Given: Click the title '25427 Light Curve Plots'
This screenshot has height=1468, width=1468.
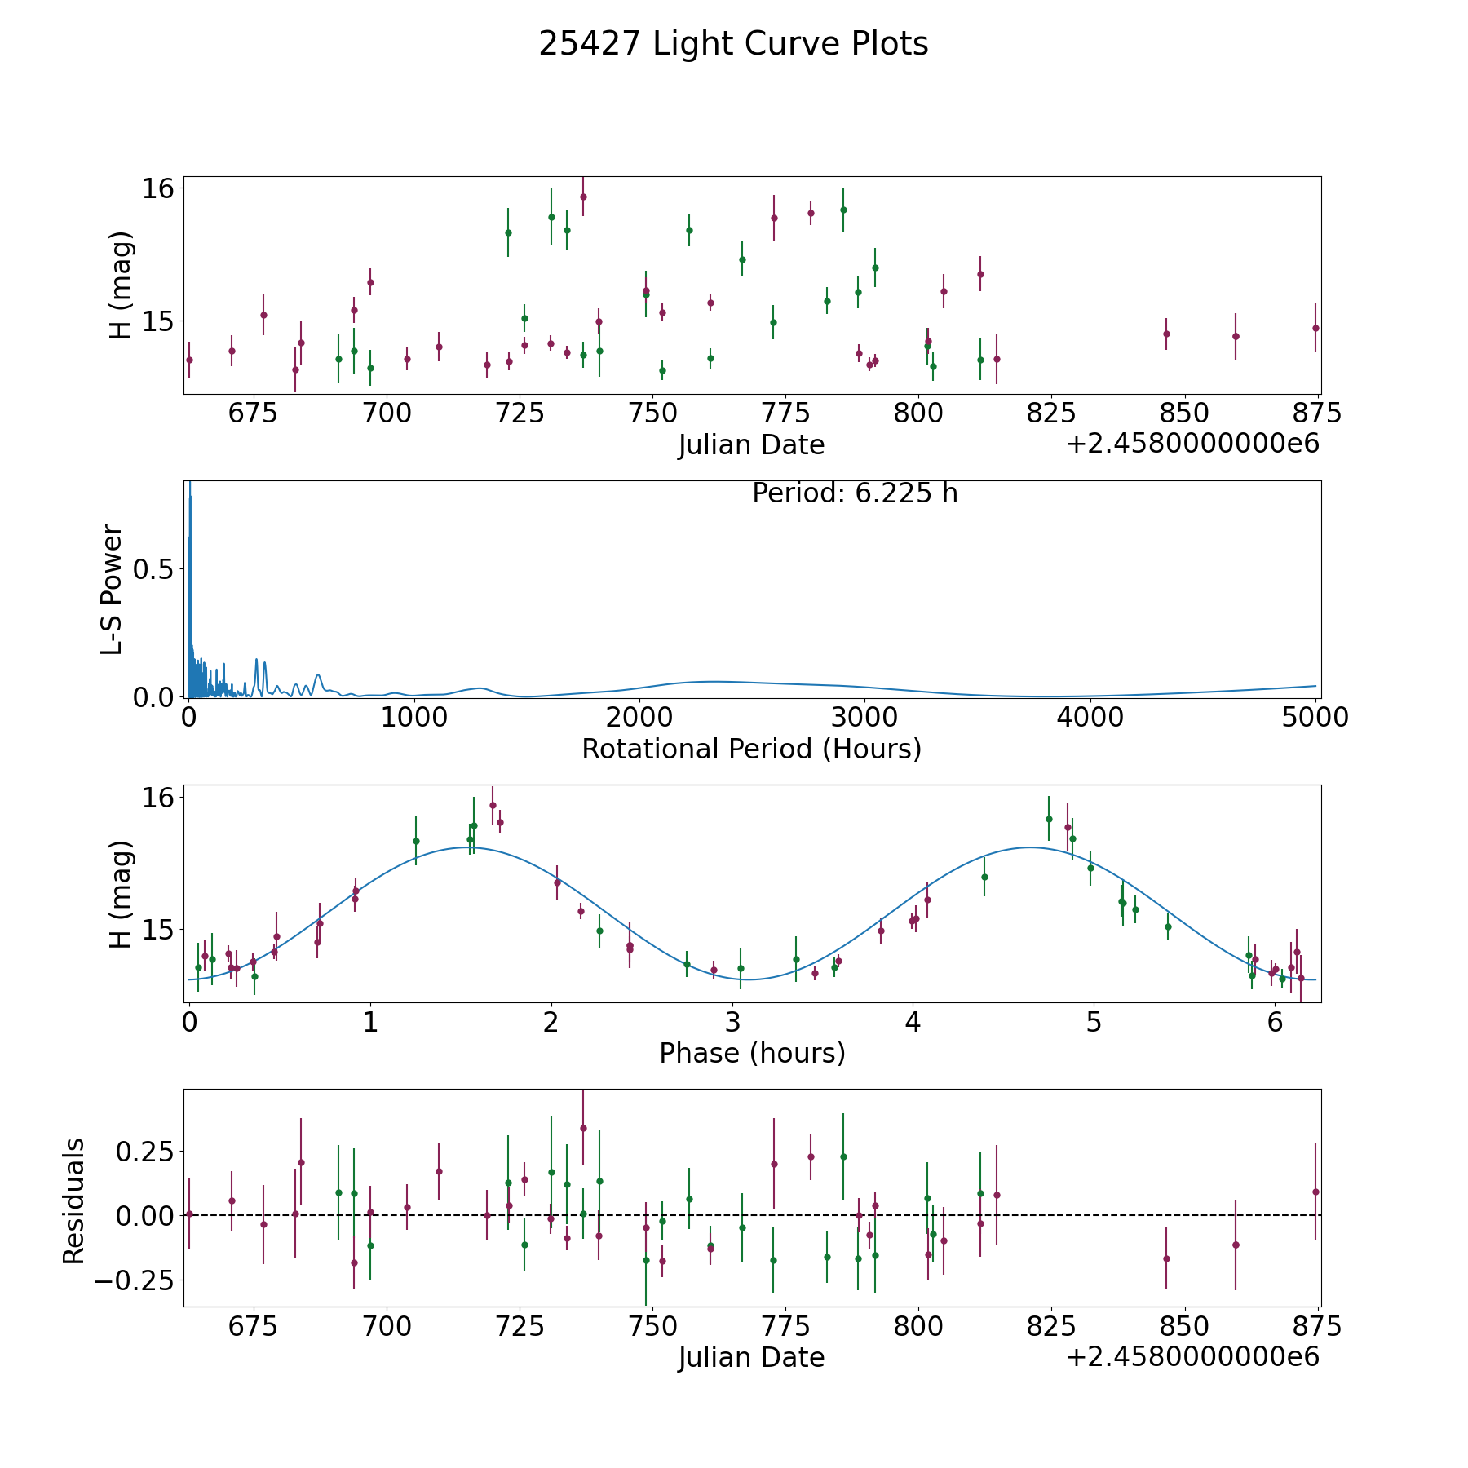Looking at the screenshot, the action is tap(733, 44).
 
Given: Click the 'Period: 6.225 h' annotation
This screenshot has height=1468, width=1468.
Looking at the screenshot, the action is tap(855, 493).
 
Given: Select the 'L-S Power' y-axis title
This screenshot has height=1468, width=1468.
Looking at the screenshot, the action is tap(113, 589).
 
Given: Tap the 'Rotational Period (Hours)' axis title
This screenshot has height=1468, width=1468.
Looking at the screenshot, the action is tap(751, 749).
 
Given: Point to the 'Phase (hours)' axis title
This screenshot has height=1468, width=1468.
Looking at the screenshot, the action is tap(752, 1054).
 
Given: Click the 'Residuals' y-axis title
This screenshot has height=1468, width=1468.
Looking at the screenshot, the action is tap(74, 1200).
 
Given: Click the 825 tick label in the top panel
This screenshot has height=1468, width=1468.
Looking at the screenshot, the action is tap(1050, 413).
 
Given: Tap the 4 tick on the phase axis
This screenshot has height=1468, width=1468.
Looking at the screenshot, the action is tap(913, 1022).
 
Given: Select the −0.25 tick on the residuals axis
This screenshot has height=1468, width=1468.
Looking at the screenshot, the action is tap(135, 1280).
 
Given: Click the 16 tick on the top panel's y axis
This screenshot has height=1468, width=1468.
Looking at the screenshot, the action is tap(157, 188).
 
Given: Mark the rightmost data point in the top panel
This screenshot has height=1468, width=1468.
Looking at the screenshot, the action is tap(1315, 328).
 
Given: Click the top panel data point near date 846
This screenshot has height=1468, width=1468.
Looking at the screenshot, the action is tap(1166, 334).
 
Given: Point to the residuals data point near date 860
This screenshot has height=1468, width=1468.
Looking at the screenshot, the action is tap(1236, 1245).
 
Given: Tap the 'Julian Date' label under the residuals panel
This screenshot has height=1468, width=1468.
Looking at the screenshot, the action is tap(751, 1358).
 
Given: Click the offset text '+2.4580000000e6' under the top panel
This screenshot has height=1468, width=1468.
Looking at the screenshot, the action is tap(1192, 444).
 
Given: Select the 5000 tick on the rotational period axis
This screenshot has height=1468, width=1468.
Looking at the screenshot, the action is tap(1315, 717).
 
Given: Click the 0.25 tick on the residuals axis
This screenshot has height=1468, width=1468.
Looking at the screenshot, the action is tap(146, 1152).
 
